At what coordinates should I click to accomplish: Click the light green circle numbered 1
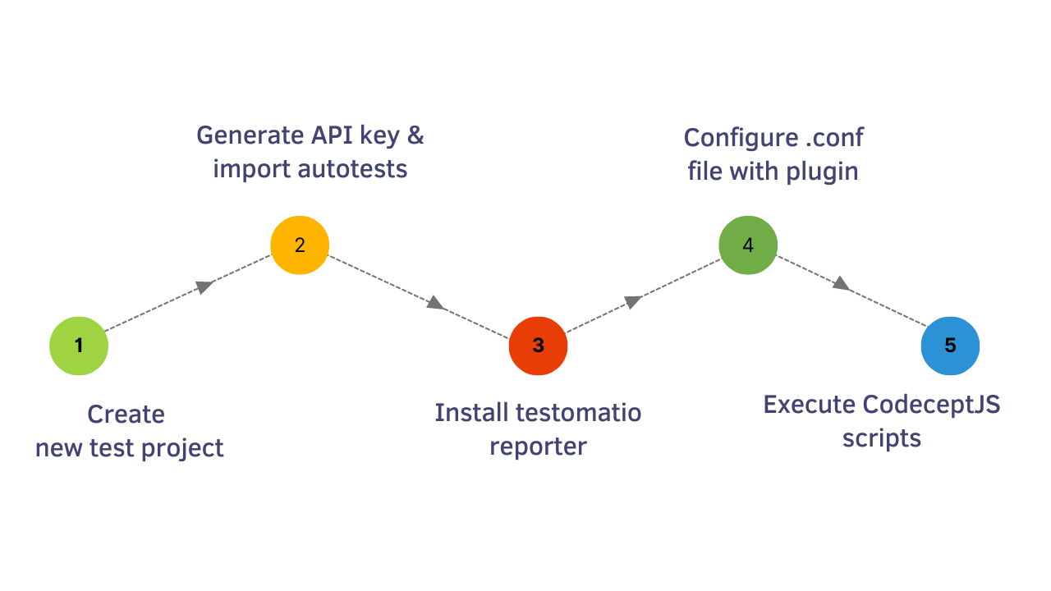pyautogui.click(x=79, y=346)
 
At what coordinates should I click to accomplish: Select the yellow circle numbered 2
pyautogui.click(x=300, y=245)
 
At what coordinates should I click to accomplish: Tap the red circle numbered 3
pyautogui.click(x=538, y=346)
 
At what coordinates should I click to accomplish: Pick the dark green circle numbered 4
pyautogui.click(x=748, y=245)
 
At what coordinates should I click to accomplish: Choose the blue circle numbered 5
pyautogui.click(x=950, y=346)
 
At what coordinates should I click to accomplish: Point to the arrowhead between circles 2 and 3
pyautogui.click(x=435, y=304)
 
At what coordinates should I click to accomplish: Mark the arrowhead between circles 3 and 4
pyautogui.click(x=632, y=301)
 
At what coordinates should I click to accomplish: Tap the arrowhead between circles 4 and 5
pyautogui.click(x=841, y=284)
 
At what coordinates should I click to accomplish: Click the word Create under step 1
pyautogui.click(x=126, y=415)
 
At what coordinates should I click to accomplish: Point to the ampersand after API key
pyautogui.click(x=415, y=135)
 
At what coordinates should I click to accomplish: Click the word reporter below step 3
pyautogui.click(x=538, y=447)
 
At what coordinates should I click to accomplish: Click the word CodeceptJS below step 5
pyautogui.click(x=931, y=405)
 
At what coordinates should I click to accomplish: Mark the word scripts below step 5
pyautogui.click(x=882, y=438)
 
